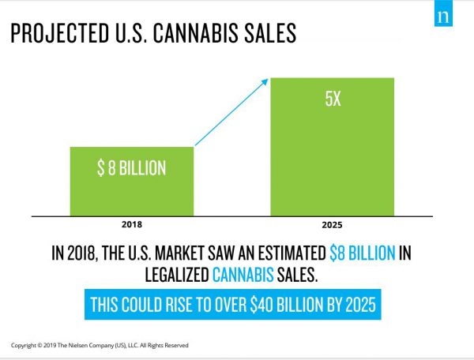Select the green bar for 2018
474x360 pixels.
point(131,181)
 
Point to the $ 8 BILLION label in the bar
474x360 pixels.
point(131,170)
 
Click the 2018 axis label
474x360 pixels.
point(131,223)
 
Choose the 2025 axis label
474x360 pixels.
point(333,223)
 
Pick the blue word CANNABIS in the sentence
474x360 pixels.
point(243,275)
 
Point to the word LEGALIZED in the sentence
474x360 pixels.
point(175,275)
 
